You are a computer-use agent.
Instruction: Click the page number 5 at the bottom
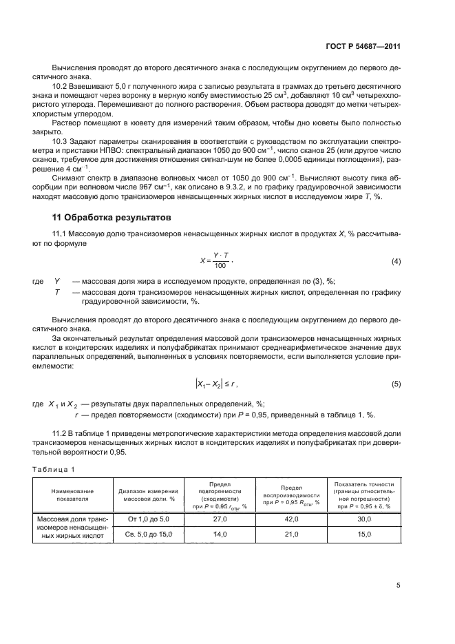(398, 585)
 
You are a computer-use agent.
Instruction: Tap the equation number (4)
(396, 261)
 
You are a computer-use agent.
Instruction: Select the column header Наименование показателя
(72, 495)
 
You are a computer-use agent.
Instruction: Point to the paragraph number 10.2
(59, 84)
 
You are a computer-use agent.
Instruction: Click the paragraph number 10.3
(59, 141)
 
